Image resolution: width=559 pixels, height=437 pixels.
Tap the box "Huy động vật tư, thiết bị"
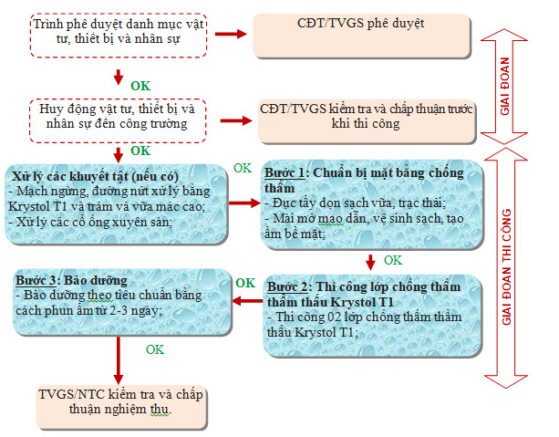(x=119, y=116)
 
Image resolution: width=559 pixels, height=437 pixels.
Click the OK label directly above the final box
(x=155, y=349)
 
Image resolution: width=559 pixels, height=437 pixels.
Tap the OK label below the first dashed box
(x=140, y=86)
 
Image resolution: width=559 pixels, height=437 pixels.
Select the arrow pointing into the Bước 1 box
(x=242, y=204)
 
